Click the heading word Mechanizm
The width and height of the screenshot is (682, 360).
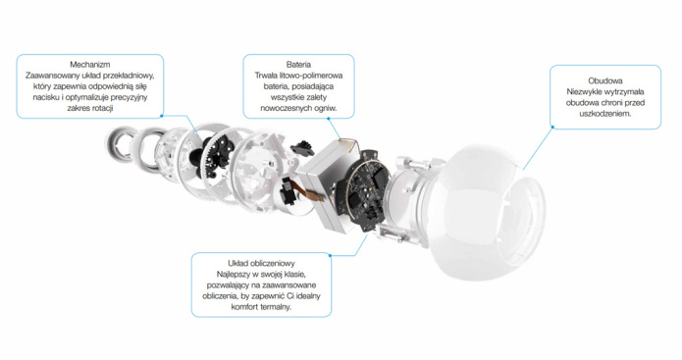90,65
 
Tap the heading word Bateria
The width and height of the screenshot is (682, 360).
298,65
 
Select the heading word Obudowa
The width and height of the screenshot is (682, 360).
605,80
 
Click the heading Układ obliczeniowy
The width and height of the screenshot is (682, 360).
261,263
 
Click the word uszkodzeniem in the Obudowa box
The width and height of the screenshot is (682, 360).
605,114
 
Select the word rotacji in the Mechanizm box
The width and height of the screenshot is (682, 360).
101,108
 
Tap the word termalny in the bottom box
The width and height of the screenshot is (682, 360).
276,307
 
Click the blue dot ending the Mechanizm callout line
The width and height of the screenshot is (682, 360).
161,116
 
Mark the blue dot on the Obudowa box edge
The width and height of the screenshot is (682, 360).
552,127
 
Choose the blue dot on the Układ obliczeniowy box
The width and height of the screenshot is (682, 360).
330,255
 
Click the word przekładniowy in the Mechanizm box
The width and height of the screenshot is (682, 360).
131,76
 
